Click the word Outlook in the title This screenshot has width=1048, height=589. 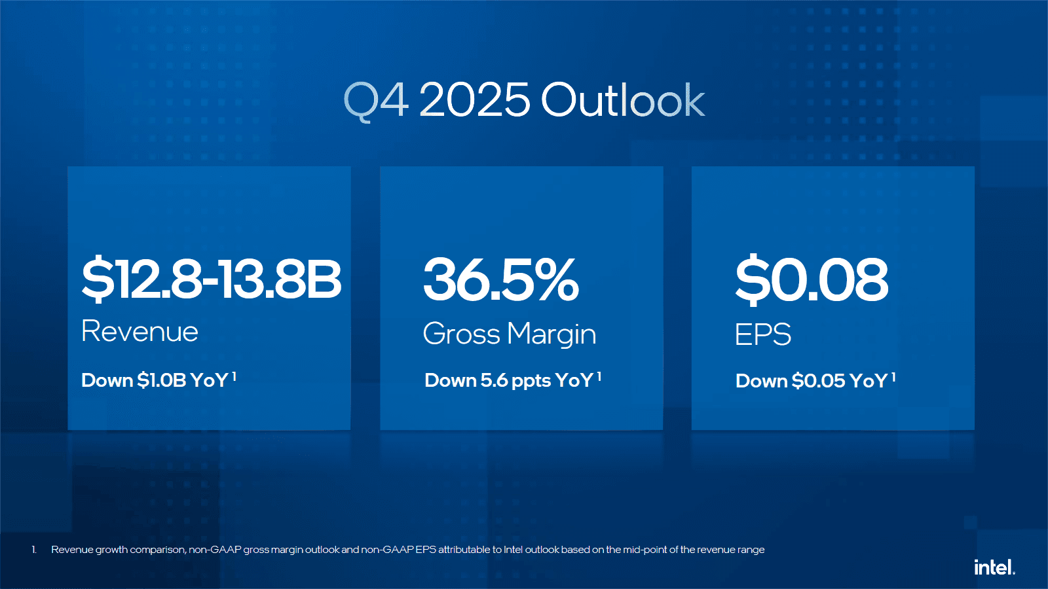point(622,100)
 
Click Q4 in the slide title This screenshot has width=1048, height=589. point(377,100)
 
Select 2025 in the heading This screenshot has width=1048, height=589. point(474,100)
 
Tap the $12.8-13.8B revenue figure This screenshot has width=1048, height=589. point(211,279)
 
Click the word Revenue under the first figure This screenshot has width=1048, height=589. point(140,331)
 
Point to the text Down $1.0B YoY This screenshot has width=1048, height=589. point(155,380)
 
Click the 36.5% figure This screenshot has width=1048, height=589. point(501,279)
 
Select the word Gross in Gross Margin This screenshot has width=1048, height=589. point(462,334)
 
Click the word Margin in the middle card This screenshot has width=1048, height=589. point(552,334)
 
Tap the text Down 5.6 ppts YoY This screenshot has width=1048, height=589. point(508,380)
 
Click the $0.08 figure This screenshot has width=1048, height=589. point(812,279)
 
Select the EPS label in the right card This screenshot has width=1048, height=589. point(762,334)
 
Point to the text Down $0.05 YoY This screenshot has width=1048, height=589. point(811,381)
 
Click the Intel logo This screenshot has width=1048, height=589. point(994,567)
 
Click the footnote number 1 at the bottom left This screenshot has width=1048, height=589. point(34,550)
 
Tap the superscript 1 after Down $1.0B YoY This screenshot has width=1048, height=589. point(234,376)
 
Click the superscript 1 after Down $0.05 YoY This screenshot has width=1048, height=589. point(893,377)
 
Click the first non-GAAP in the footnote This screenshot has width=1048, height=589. point(215,550)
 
